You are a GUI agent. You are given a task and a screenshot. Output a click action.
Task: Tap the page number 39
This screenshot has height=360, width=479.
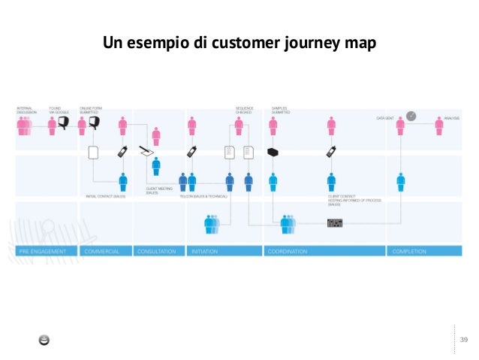[x=463, y=340]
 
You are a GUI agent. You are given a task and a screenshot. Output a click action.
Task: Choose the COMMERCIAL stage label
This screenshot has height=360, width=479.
[x=103, y=251]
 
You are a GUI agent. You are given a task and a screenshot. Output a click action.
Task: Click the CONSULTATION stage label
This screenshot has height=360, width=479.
[x=157, y=251]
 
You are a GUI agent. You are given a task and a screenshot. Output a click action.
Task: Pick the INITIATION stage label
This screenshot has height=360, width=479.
[x=206, y=251]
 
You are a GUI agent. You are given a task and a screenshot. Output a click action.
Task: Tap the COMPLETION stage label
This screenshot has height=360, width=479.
[x=410, y=251]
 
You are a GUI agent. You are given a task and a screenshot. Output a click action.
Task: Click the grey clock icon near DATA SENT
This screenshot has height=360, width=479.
[x=411, y=116]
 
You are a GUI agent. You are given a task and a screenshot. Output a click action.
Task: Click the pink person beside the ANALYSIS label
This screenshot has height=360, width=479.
[x=438, y=126]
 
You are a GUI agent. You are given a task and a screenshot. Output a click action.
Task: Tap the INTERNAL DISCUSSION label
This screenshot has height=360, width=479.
[x=26, y=110]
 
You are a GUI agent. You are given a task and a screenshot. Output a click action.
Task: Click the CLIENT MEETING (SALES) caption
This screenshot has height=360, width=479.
[x=157, y=191]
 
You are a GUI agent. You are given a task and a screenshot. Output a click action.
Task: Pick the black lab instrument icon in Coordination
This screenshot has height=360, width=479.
[x=334, y=222]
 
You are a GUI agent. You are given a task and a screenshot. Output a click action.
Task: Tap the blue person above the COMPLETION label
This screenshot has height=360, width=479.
[x=401, y=181]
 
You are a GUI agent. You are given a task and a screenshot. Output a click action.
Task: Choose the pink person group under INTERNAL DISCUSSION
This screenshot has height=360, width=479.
[x=25, y=126]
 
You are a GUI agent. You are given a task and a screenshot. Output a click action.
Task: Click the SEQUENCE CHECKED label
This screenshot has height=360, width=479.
[x=244, y=110]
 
